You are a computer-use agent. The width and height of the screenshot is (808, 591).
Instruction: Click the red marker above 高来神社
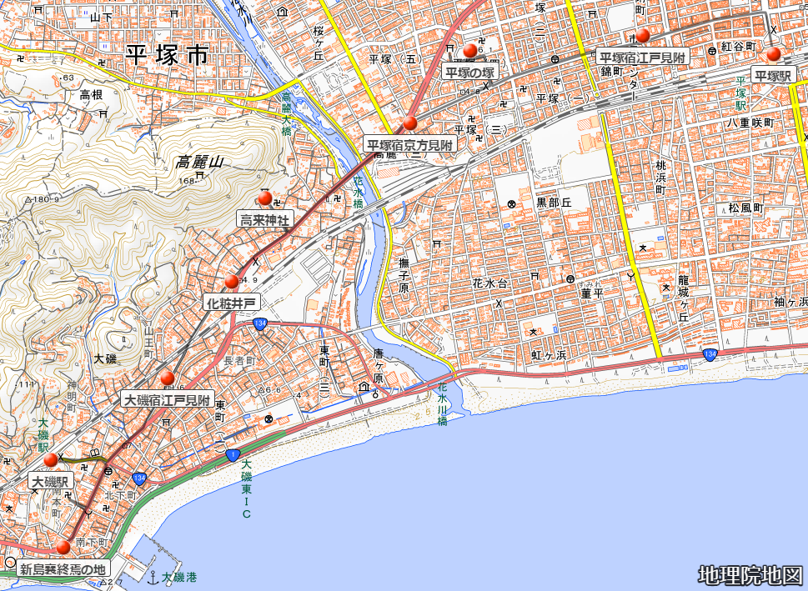(x=265, y=198)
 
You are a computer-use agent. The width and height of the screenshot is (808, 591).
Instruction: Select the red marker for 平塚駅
(x=774, y=54)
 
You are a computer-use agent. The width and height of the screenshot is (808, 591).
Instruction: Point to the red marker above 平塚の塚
(x=470, y=51)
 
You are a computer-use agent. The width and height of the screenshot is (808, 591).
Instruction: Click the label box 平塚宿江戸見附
(x=642, y=58)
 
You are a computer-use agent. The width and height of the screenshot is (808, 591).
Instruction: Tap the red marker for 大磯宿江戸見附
(x=168, y=378)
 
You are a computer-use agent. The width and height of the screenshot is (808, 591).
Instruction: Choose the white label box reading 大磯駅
(x=51, y=482)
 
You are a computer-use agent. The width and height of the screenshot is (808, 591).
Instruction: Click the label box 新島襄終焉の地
(x=64, y=569)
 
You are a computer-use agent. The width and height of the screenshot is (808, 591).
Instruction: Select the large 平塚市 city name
(x=167, y=56)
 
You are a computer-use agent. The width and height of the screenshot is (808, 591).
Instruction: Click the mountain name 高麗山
(x=201, y=163)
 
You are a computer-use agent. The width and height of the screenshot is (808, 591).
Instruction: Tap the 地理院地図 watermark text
(x=750, y=575)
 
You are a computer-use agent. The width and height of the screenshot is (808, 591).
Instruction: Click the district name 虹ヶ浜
(x=549, y=354)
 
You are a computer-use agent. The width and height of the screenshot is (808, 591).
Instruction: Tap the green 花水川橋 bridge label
(x=443, y=404)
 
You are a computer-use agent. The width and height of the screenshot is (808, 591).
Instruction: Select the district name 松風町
(x=745, y=208)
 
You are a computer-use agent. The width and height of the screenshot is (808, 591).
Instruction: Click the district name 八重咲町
(x=750, y=123)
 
